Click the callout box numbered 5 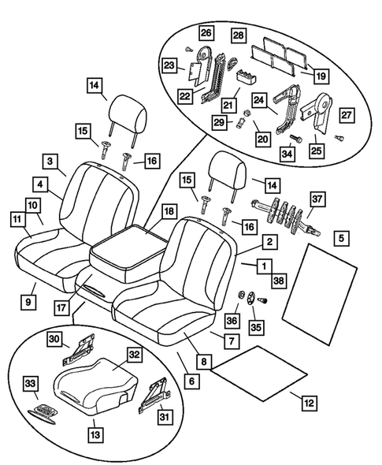341,236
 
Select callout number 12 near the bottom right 310,402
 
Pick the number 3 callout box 50,161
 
